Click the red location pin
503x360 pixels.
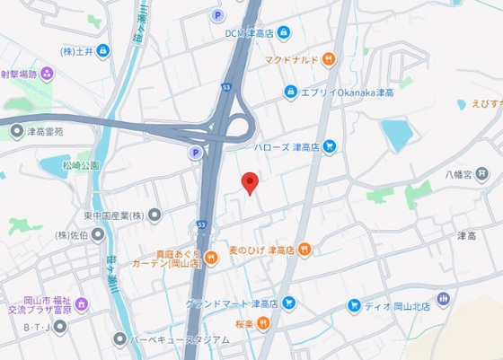pos(251,182)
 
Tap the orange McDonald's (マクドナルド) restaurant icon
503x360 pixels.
pos(330,60)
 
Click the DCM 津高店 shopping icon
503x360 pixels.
pos(284,32)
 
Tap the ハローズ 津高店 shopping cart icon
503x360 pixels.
pos(329,145)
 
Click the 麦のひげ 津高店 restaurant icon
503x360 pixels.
pos(304,249)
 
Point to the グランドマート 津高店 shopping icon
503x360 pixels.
pos(289,303)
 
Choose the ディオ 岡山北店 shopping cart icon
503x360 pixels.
pos(355,305)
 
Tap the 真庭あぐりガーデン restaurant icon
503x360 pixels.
pos(210,258)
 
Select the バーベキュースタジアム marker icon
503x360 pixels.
pos(120,338)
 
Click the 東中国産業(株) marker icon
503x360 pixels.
pos(154,215)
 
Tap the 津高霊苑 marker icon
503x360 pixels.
pos(16,132)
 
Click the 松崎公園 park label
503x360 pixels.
pos(81,165)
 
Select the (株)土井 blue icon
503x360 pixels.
pos(103,50)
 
